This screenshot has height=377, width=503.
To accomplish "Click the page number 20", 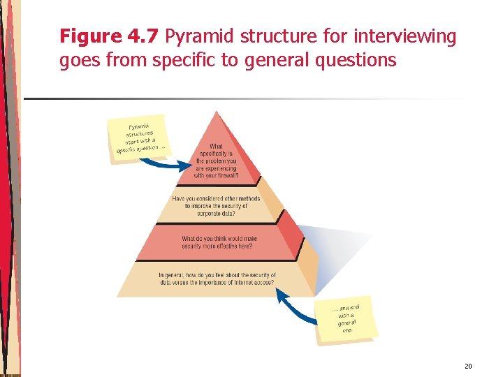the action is [467, 367].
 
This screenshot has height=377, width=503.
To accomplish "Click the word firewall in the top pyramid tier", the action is [224, 176].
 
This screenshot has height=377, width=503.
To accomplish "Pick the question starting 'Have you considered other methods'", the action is [216, 206].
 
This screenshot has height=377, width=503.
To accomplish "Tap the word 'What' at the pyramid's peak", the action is [217, 147].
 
